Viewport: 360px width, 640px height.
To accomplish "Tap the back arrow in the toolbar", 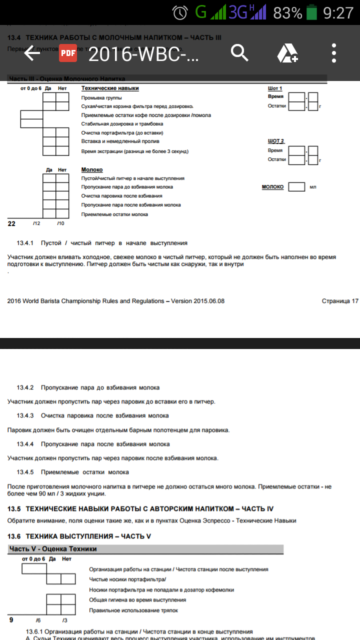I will (x=32, y=53).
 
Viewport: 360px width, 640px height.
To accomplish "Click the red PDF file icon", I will (x=68, y=53).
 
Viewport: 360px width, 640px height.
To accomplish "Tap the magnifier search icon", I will (x=239, y=53).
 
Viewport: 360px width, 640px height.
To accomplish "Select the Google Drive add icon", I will (x=287, y=53).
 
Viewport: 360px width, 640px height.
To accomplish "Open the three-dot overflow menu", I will (x=334, y=53).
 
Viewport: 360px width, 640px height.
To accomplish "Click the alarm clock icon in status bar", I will (x=180, y=12).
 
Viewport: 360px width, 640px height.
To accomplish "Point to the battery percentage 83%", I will (x=287, y=12).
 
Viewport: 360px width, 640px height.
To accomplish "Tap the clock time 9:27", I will (x=338, y=12).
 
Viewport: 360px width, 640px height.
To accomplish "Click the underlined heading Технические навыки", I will (x=110, y=88).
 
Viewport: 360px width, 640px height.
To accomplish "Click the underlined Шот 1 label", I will (x=275, y=88).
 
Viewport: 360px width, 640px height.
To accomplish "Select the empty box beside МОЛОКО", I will (x=297, y=187).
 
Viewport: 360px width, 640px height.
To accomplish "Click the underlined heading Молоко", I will (x=92, y=170).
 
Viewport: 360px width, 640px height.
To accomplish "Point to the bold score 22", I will (x=12, y=223).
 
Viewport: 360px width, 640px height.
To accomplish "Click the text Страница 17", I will (x=340, y=301).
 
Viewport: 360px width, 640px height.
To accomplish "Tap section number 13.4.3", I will (x=25, y=415).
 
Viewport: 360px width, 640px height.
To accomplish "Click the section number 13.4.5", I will (x=25, y=472).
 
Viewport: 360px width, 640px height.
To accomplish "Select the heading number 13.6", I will (x=14, y=536).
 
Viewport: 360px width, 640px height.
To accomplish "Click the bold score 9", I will (x=11, y=620).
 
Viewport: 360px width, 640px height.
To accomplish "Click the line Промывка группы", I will (x=101, y=97).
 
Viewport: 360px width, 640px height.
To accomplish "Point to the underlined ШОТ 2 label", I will (x=276, y=141).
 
